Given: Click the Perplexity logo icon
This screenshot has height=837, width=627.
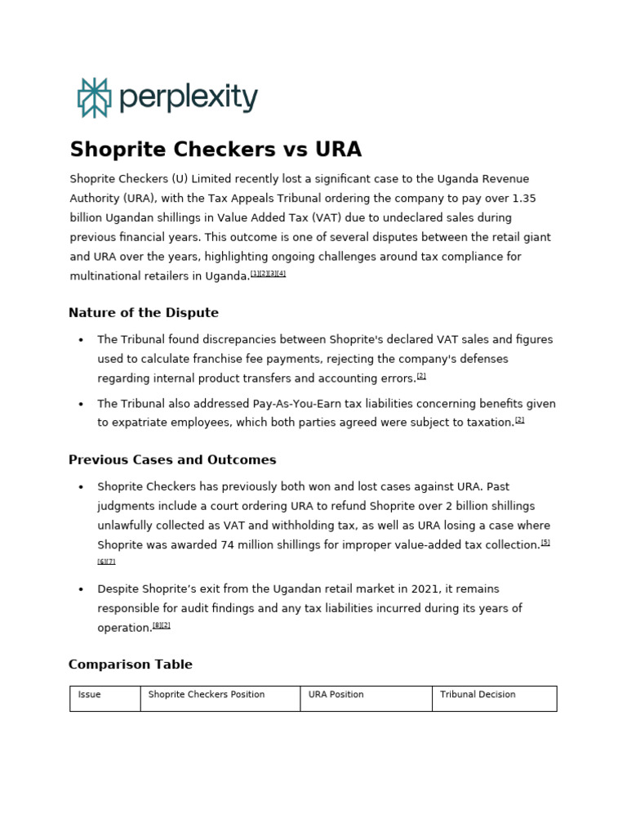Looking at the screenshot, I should tap(94, 98).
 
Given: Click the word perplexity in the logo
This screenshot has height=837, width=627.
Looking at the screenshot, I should tap(189, 98).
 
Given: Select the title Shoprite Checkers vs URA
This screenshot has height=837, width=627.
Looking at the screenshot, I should tap(216, 150).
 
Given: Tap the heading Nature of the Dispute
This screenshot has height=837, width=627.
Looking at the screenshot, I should tap(144, 313).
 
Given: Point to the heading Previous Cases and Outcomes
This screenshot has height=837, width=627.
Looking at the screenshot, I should tap(172, 460).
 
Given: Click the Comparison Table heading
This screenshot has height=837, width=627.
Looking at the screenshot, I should tap(131, 665).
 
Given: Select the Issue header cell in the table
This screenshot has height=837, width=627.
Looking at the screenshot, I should tap(90, 695).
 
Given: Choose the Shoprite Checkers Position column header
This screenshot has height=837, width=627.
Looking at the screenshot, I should tap(207, 695).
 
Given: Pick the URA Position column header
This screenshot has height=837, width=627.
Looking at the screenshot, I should tap(336, 695).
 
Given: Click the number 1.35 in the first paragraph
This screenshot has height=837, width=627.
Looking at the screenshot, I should tap(524, 199).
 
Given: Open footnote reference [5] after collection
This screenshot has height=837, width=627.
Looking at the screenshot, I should tap(545, 542).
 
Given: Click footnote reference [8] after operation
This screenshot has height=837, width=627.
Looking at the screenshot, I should tap(157, 625).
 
